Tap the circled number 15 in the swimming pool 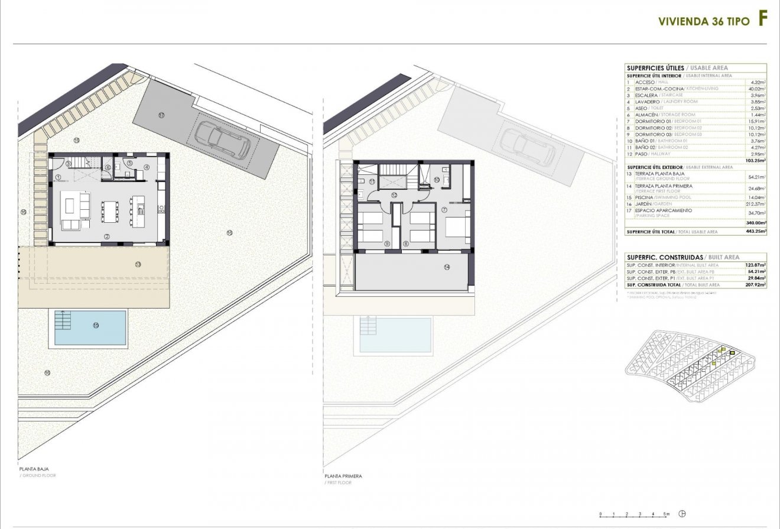(x=96, y=325)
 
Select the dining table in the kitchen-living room (x=110, y=212)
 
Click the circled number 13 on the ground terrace (x=138, y=264)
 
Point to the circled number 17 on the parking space (x=161, y=115)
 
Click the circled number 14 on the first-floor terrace (x=446, y=267)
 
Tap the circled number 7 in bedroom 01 (x=444, y=209)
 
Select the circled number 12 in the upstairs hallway (x=394, y=194)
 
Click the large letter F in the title (x=763, y=19)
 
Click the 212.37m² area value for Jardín (x=755, y=204)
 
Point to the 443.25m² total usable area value (x=755, y=232)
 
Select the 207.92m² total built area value (x=755, y=284)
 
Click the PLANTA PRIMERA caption (x=343, y=476)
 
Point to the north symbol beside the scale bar (x=683, y=514)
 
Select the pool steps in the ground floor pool (x=63, y=320)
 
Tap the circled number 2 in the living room (x=107, y=236)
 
